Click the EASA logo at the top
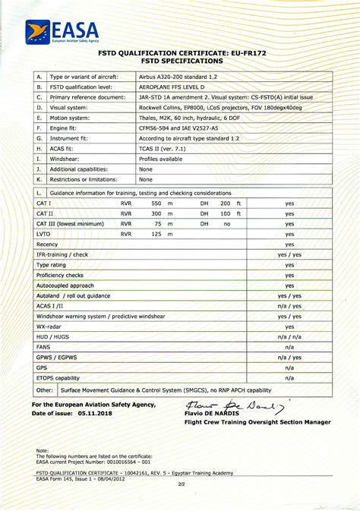pos(62,32)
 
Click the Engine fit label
pos(65,128)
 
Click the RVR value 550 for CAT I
pos(156,203)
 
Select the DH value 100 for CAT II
pos(225,214)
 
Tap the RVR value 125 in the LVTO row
pos(156,234)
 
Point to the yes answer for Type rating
pos(289,264)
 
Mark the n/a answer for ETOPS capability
pos(289,377)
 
